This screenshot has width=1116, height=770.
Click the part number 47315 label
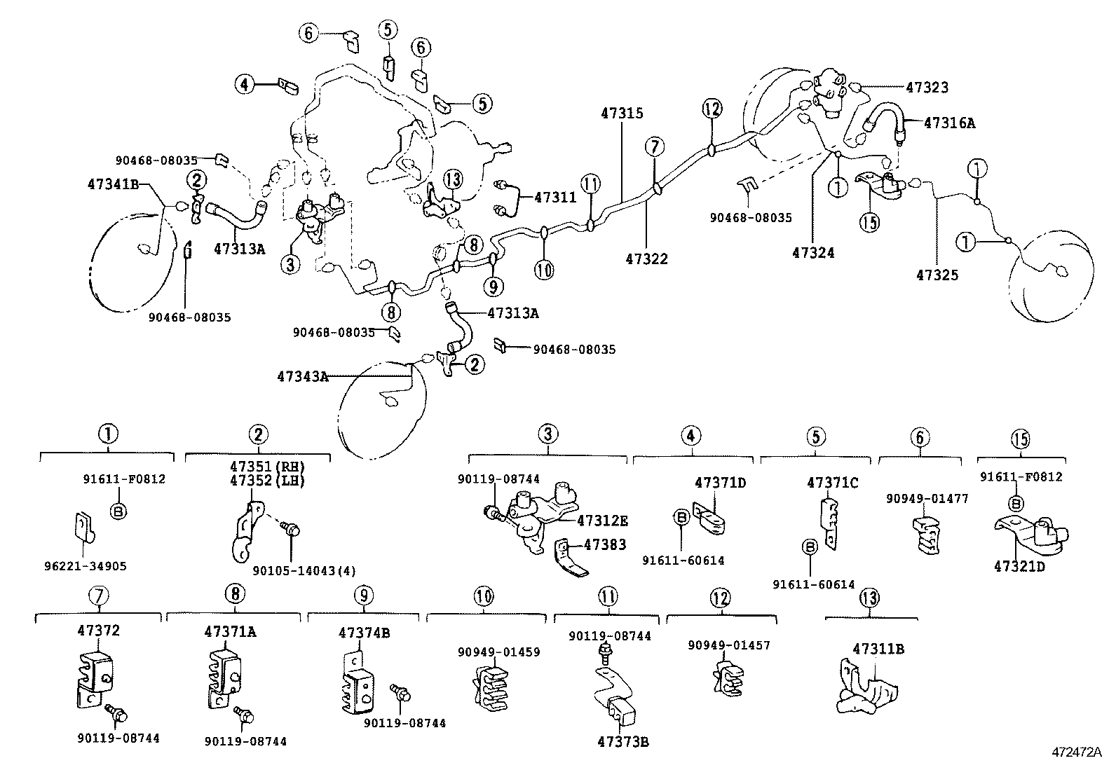click(x=622, y=113)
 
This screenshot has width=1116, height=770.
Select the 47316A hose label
click(x=949, y=123)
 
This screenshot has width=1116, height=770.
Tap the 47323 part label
click(x=927, y=88)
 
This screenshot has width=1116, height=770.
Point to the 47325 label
click(x=937, y=275)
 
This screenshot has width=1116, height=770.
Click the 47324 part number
click(x=813, y=253)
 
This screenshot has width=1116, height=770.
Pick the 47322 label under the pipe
click(x=646, y=259)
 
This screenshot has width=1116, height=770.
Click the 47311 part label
click(x=555, y=198)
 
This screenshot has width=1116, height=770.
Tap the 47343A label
click(x=303, y=376)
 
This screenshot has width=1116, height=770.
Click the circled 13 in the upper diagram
click(x=454, y=181)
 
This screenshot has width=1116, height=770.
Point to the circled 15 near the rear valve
click(x=869, y=222)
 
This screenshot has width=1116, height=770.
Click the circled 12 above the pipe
click(x=712, y=108)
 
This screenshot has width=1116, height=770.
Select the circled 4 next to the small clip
click(x=243, y=85)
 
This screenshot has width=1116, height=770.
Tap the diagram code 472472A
click(x=1076, y=752)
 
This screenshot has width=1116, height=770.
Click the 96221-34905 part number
click(x=85, y=566)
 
